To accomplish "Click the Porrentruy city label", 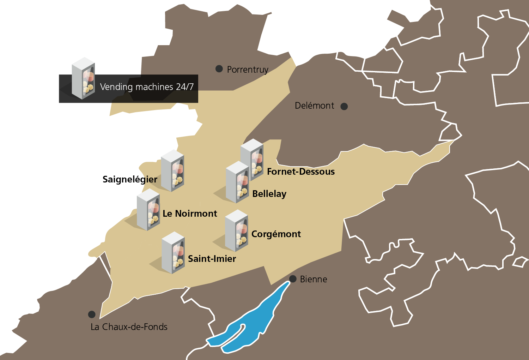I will (248, 70).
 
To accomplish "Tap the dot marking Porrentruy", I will (219, 69).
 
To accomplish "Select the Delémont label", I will (314, 106).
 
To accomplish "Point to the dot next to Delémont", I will (344, 106).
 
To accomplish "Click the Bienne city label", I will (314, 279).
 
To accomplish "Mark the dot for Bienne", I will (293, 279).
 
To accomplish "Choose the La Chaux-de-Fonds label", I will (129, 327).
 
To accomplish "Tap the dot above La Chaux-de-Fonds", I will (92, 314).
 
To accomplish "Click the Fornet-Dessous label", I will (301, 172).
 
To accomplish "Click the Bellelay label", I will (269, 194).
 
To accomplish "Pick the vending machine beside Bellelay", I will (237, 182).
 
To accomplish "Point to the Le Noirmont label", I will (190, 214).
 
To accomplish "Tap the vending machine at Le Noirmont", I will (148, 210).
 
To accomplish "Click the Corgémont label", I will (276, 234).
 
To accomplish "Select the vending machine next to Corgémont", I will (237, 230).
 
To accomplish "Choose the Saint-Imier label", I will (212, 259).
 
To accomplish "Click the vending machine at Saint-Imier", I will (173, 253).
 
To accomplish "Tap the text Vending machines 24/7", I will (147, 87).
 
